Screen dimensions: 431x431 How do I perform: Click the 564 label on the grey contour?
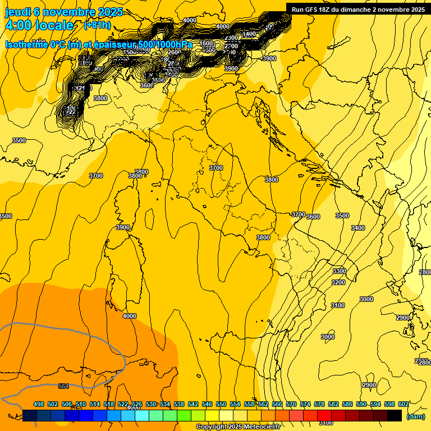coord(63,386)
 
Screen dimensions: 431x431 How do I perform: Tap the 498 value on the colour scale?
coord(39,404)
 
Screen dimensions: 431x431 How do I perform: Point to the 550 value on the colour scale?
coord(221,404)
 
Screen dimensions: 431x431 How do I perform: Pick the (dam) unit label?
coord(415,416)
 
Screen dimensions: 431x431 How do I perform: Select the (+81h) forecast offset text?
coord(97,25)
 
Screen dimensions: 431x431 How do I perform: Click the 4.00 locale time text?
coord(39,25)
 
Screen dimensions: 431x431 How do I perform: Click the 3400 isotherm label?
coord(358,228)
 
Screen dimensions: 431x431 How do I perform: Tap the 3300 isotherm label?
coord(340,271)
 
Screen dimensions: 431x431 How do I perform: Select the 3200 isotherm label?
coord(338,282)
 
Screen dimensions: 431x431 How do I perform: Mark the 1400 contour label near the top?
coord(250,34)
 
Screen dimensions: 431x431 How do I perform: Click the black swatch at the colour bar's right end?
coord(395,415)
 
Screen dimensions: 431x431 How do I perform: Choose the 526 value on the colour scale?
coord(137,404)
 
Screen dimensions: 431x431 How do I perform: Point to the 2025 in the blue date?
coord(111,12)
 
